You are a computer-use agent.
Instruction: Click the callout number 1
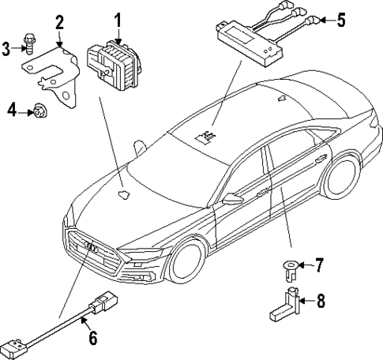tap(118, 18)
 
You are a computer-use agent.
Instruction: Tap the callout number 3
tap(6, 49)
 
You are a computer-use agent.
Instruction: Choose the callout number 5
tap(340, 20)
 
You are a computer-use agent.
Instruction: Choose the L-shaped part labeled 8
tap(287, 306)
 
